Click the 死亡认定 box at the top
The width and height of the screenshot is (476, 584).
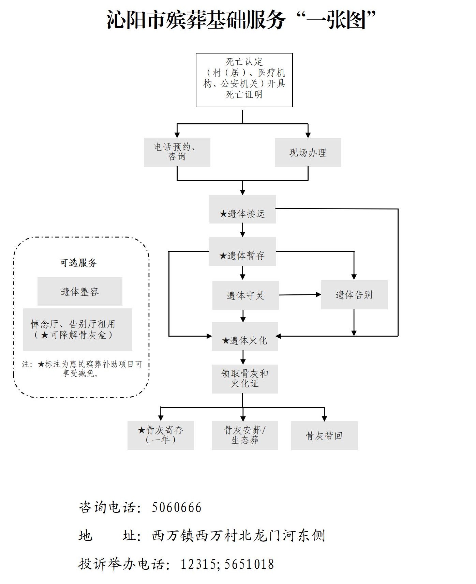click(244, 80)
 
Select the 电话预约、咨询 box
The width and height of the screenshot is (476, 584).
click(177, 152)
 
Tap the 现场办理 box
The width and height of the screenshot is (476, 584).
click(308, 152)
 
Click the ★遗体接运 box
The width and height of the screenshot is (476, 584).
click(242, 209)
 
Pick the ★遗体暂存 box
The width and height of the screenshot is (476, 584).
click(242, 251)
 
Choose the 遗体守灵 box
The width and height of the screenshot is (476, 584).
click(246, 295)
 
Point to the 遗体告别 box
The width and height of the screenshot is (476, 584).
click(354, 295)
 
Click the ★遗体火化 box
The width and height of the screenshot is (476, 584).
click(245, 336)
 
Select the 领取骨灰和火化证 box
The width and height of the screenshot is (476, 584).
click(245, 379)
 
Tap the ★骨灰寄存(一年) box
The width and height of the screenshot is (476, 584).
click(161, 435)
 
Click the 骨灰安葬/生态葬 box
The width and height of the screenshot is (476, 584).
click(245, 435)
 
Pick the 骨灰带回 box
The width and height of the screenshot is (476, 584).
click(324, 435)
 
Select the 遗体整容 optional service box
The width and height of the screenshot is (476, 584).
click(80, 291)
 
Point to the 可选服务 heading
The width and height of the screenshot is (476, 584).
click(78, 263)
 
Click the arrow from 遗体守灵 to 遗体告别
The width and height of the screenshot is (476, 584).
click(300, 295)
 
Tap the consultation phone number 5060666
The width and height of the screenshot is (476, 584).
click(177, 507)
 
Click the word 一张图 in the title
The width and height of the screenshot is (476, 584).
click(337, 20)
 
